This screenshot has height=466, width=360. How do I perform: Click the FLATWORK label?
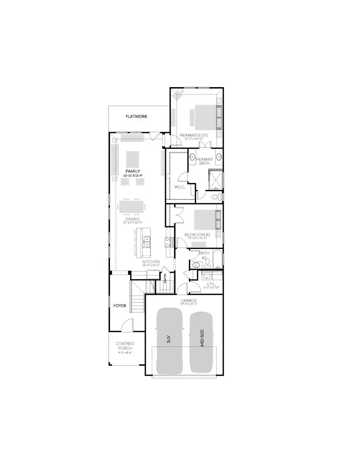137,116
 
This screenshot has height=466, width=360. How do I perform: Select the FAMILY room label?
133,171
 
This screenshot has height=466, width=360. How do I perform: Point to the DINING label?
132,219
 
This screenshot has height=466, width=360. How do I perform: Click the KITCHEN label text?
151,261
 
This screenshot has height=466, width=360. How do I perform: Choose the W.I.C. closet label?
180,187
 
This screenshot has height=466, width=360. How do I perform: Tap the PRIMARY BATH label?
204,162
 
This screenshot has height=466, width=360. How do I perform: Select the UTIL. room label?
211,284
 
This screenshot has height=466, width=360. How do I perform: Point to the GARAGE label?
189,300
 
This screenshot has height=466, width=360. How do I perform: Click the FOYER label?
120,305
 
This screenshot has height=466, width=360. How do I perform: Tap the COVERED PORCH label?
125,346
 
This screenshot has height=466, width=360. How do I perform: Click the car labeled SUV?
169,341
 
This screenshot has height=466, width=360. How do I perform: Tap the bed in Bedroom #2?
207,220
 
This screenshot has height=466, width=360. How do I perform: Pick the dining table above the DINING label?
132,206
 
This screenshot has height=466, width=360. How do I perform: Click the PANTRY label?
165,277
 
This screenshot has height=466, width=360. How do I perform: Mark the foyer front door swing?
128,324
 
